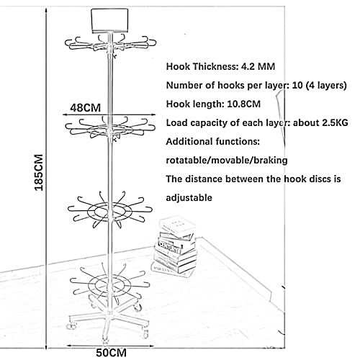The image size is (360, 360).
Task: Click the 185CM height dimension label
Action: point(39,172)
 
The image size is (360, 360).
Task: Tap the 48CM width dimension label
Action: point(85,108)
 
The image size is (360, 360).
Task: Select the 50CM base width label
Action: point(111,353)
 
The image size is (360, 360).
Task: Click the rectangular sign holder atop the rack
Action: point(109,21)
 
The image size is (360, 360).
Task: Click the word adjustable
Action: point(189,198)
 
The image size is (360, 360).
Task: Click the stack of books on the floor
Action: point(175,246)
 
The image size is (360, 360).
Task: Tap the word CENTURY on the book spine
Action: point(169,247)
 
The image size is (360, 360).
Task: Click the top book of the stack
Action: point(178,225)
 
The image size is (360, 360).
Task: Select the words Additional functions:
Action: point(213,141)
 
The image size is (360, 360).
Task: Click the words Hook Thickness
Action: point(200,66)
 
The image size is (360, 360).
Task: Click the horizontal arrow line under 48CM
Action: point(109,114)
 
